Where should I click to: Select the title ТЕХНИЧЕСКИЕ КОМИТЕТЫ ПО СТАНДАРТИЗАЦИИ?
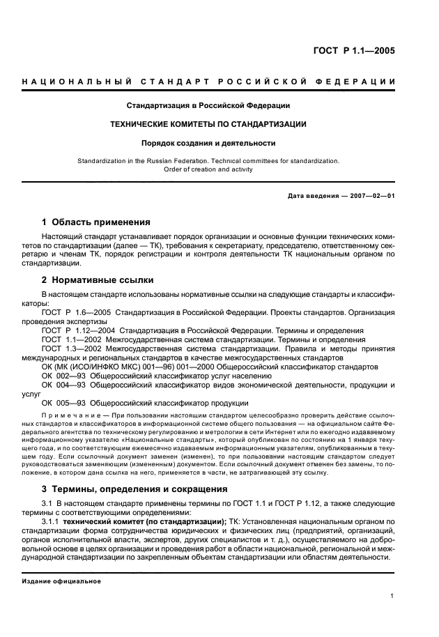click(208, 125)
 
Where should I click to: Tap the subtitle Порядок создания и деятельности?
click(208, 144)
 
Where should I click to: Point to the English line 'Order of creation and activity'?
click(208, 169)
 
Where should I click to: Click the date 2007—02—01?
click(371, 196)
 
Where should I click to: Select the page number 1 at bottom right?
click(393, 596)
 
